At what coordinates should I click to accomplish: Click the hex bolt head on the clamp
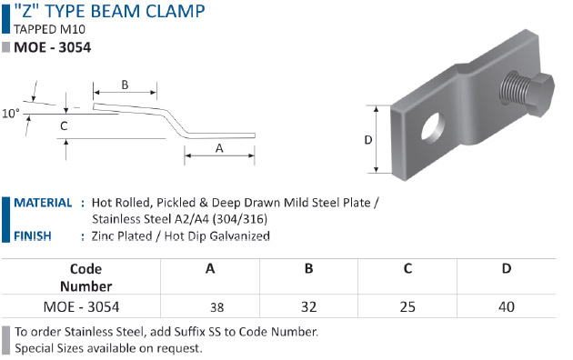540,95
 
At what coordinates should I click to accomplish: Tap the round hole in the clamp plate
433,126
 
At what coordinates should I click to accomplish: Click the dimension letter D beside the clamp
368,140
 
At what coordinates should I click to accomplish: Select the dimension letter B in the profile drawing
125,85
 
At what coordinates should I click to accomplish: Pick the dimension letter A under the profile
219,148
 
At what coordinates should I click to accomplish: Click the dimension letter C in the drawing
64,126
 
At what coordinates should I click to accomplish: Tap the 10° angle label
11,114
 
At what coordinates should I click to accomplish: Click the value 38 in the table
217,307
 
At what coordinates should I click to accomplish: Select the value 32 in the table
309,306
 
